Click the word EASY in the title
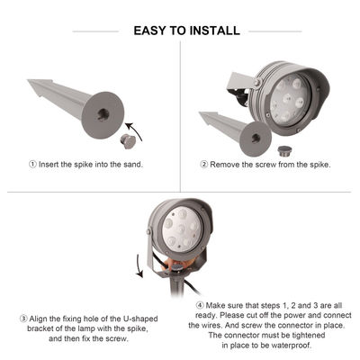150,31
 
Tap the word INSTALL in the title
215,31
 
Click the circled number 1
33,164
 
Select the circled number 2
204,164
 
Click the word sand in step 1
130,164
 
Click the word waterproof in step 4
289,346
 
